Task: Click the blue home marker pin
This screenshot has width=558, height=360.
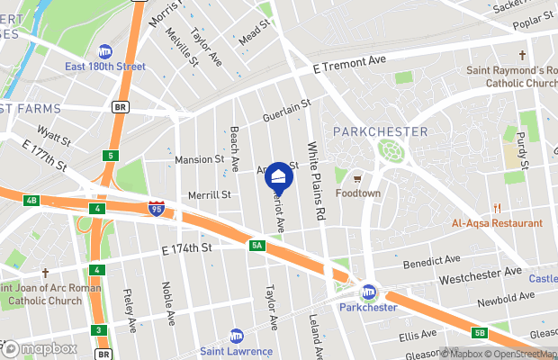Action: [279, 175]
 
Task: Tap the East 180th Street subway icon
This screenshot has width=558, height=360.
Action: [105, 51]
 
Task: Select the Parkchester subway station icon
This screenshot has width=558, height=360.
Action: [368, 292]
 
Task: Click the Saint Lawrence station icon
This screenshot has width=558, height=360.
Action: [236, 335]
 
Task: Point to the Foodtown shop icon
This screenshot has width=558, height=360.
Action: [357, 177]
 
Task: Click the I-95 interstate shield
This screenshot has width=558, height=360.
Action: [157, 210]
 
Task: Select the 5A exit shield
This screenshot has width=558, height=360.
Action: [256, 245]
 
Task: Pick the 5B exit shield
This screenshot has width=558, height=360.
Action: [479, 333]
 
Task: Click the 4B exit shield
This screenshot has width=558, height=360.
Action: [31, 200]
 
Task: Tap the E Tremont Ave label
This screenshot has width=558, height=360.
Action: [349, 62]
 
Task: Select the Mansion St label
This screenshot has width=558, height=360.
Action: [199, 159]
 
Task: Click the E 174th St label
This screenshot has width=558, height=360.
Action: [186, 247]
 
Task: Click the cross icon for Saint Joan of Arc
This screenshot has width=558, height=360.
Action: [44, 272]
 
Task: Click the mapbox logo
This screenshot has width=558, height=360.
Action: [40, 348]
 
